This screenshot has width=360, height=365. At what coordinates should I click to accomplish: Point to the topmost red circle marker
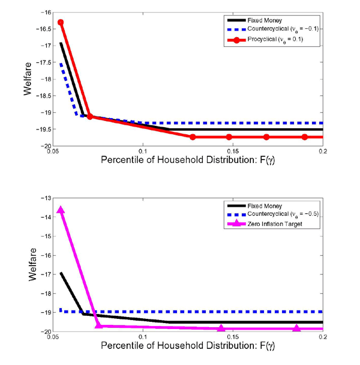[61, 22]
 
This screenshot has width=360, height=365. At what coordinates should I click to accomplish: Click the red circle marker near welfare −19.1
[90, 117]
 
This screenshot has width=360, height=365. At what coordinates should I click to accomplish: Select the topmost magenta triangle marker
[61, 210]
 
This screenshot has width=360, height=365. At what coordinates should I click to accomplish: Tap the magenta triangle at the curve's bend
[100, 326]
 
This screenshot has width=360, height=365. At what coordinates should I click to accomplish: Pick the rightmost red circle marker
[305, 137]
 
